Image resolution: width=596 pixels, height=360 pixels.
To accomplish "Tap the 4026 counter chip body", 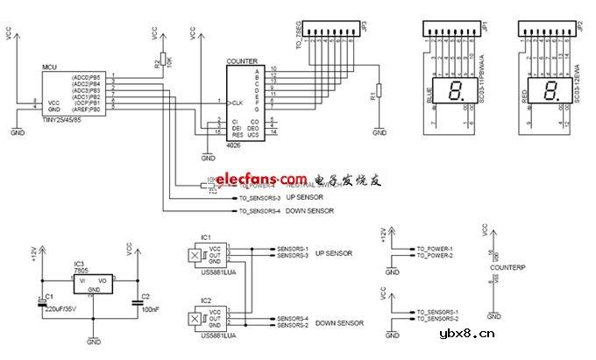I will (243, 102).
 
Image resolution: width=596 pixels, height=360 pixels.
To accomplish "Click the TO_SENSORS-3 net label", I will (259, 199).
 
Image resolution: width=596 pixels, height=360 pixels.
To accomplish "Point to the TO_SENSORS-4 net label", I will (259, 211).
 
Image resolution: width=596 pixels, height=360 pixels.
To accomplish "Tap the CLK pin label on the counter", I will (237, 102).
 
